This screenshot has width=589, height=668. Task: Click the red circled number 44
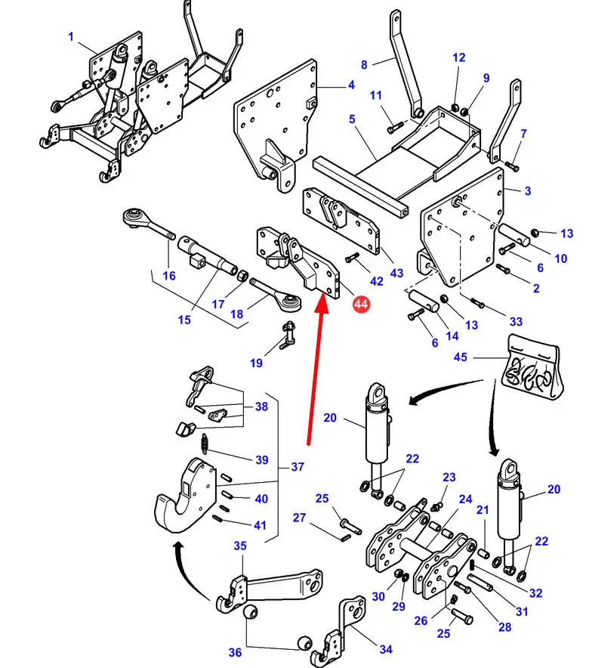click(361, 304)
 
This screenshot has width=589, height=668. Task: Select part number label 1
click(70, 36)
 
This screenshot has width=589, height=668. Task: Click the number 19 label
click(256, 363)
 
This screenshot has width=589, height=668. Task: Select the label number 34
click(386, 649)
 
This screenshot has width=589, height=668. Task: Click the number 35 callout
click(239, 546)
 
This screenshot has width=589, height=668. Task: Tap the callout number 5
click(352, 119)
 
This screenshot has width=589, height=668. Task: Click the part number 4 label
click(351, 85)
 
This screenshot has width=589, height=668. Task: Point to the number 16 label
click(169, 276)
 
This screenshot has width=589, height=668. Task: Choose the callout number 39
click(261, 459)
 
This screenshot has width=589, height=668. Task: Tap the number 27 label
click(300, 518)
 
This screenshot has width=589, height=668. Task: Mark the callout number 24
click(464, 499)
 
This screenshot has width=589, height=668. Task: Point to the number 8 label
click(364, 65)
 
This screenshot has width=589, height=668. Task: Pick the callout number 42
click(376, 281)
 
